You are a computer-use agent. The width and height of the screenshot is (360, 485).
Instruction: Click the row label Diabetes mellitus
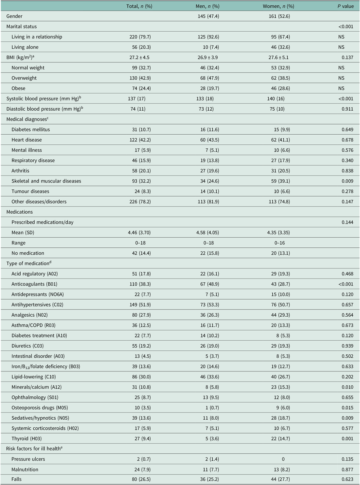coord(33,129)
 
